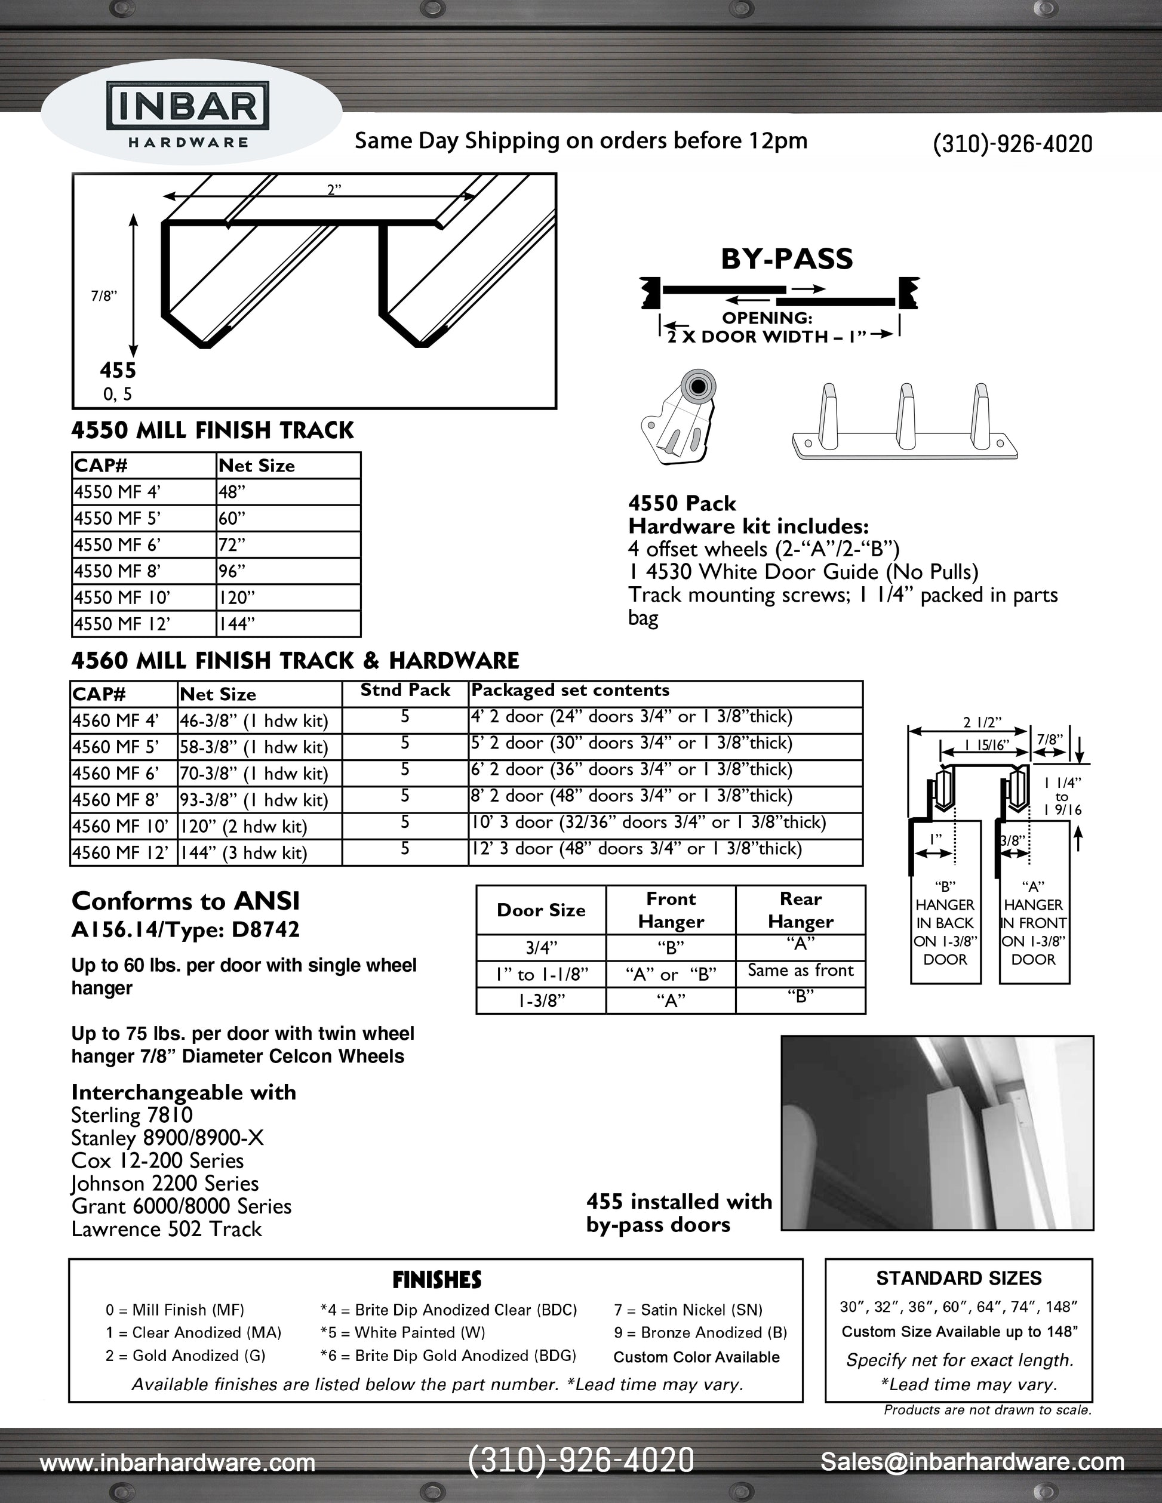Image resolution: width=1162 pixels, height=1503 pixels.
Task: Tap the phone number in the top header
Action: click(1012, 143)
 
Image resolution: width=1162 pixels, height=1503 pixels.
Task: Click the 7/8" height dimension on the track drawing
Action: click(104, 296)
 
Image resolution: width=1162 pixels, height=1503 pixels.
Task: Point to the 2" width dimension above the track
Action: click(334, 190)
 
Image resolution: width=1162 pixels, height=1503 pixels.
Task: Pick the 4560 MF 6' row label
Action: click(116, 774)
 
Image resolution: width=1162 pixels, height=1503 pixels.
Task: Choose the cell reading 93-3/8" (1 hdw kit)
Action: click(254, 800)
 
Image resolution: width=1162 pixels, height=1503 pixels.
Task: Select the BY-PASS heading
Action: click(786, 260)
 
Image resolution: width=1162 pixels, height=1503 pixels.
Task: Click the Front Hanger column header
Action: click(671, 910)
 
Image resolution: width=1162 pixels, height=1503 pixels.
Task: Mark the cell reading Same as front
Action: click(800, 971)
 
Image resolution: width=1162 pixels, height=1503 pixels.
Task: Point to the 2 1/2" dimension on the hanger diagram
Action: click(982, 723)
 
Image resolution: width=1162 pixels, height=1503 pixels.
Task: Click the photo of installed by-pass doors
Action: click(937, 1133)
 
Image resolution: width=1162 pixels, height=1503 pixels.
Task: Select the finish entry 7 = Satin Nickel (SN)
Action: click(688, 1310)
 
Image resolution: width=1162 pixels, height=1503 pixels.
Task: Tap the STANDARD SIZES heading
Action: click(958, 1279)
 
